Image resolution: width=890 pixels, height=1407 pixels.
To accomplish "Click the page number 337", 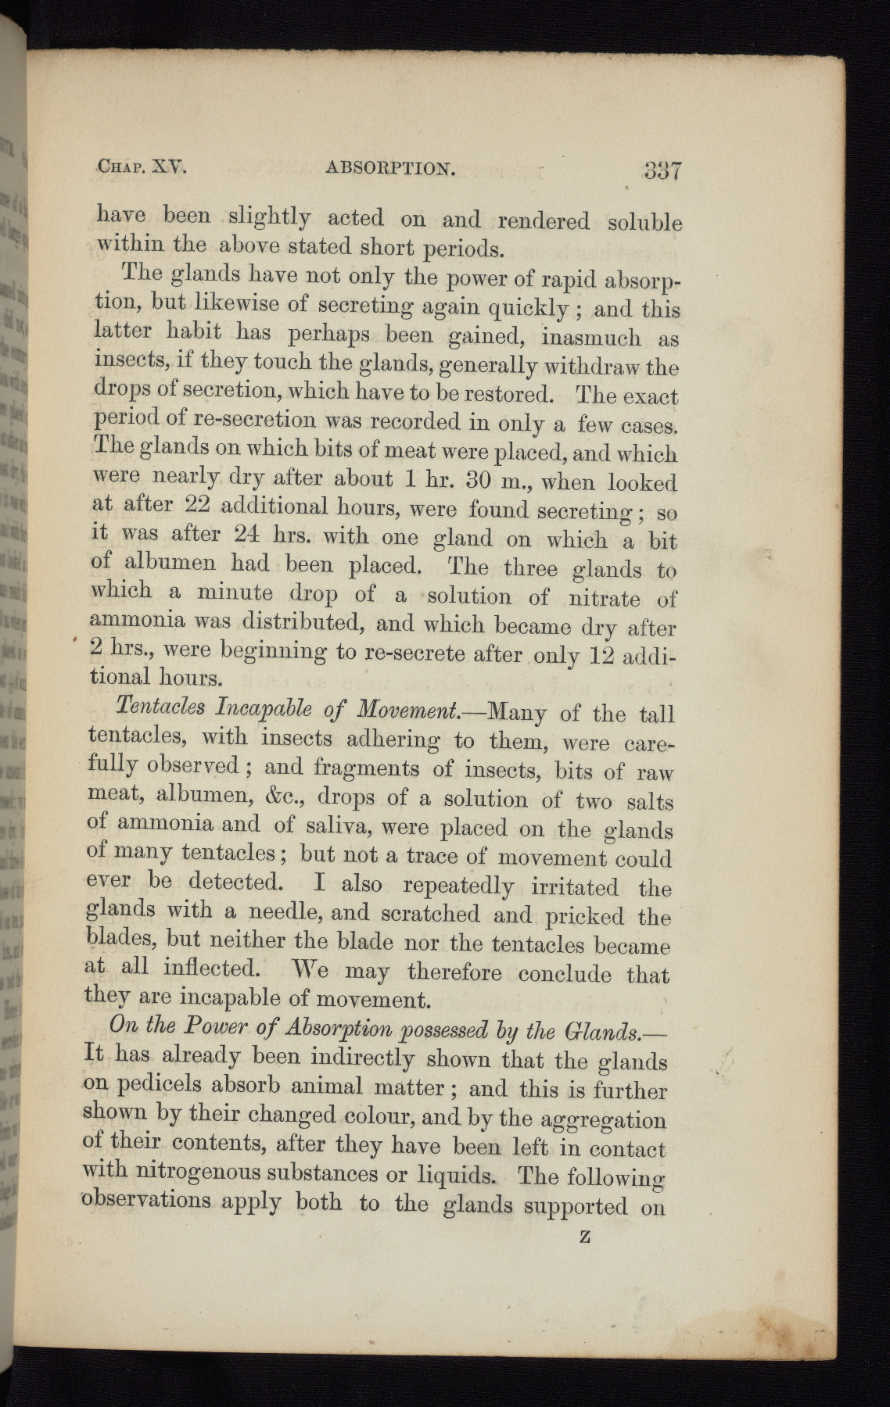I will point(660,172).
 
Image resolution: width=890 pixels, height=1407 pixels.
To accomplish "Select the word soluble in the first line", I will point(644,223).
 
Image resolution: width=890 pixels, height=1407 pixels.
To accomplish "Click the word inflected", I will point(212,968).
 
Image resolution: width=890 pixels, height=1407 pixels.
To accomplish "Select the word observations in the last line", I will point(146,1200).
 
